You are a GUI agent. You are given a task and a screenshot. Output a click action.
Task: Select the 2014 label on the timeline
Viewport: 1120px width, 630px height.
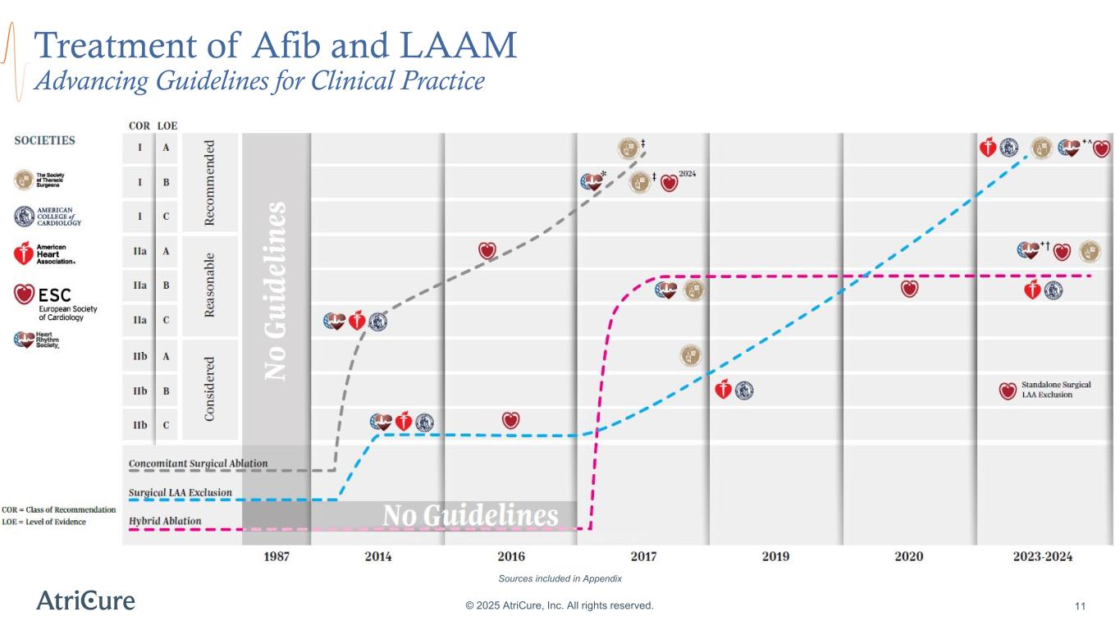[377, 556]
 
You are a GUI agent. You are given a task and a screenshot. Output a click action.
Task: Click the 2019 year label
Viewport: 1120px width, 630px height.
[775, 556]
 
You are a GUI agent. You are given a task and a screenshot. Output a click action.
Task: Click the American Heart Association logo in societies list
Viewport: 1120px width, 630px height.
[44, 253]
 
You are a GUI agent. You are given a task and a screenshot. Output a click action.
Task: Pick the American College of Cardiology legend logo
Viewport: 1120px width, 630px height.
[49, 216]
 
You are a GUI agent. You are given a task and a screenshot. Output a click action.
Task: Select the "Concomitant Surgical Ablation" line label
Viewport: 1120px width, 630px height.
[198, 463]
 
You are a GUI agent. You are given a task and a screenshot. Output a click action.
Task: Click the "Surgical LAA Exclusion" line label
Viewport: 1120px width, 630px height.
[180, 493]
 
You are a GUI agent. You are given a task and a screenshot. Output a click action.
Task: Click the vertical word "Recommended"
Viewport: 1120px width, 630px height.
[209, 182]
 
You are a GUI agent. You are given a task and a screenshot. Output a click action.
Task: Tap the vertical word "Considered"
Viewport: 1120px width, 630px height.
[209, 389]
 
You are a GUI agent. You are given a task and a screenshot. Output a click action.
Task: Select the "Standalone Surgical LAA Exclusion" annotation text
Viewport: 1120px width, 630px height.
[1046, 390]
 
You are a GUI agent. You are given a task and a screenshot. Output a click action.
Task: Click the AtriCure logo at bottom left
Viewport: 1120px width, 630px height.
[85, 600]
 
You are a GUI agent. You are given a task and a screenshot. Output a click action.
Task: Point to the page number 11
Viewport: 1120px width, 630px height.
[1080, 606]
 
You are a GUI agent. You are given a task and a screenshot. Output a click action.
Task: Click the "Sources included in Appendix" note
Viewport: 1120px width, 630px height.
[560, 578]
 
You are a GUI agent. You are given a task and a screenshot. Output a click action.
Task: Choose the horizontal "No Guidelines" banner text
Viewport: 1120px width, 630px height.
[470, 516]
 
